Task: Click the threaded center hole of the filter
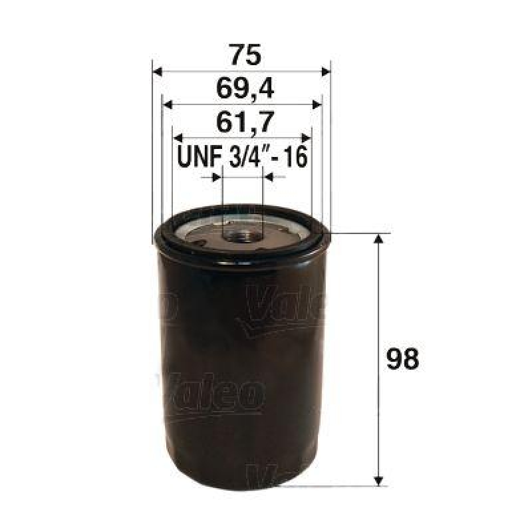[x=241, y=234]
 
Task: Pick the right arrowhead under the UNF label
[x=268, y=178]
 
